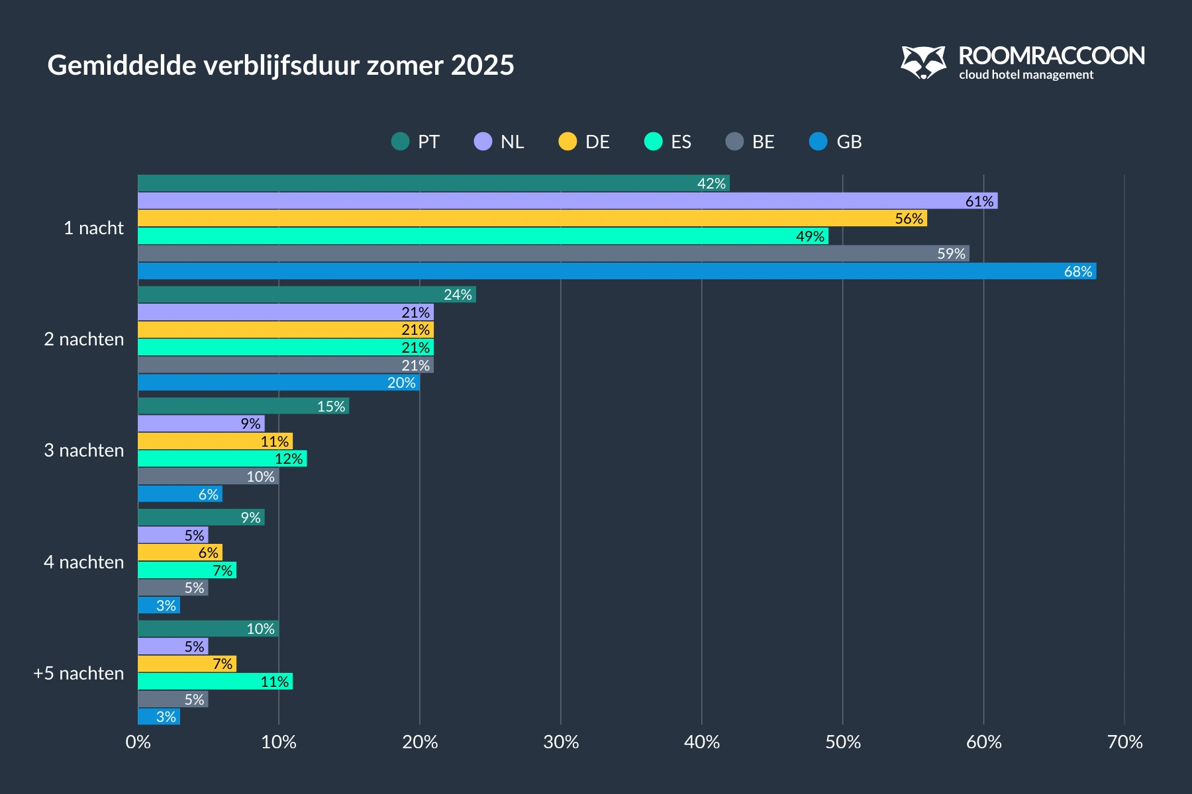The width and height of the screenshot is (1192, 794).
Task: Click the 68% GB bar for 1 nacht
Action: click(616, 271)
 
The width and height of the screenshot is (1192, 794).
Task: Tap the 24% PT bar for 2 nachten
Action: click(307, 294)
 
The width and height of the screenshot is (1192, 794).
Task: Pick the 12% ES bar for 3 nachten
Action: click(222, 459)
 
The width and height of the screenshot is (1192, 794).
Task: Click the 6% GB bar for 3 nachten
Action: click(179, 494)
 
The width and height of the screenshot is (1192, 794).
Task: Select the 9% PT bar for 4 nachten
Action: click(201, 517)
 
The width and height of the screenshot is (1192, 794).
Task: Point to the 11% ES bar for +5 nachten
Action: click(215, 682)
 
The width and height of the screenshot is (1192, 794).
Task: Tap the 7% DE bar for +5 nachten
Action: click(187, 664)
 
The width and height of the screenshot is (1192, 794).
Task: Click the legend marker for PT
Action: click(400, 142)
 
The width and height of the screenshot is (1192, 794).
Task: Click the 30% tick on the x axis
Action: click(561, 742)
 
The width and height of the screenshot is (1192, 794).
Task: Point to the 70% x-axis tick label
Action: click(1124, 742)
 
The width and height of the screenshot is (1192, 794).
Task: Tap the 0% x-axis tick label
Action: click(138, 742)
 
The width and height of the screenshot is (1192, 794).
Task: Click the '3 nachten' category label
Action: click(84, 451)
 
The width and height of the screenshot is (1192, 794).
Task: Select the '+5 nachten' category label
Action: click(79, 674)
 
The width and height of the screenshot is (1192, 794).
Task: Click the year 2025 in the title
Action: click(482, 66)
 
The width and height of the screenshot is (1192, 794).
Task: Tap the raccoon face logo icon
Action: click(923, 62)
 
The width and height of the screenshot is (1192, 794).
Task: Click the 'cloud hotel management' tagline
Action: click(1026, 75)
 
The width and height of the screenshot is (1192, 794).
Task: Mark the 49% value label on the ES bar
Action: click(810, 236)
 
